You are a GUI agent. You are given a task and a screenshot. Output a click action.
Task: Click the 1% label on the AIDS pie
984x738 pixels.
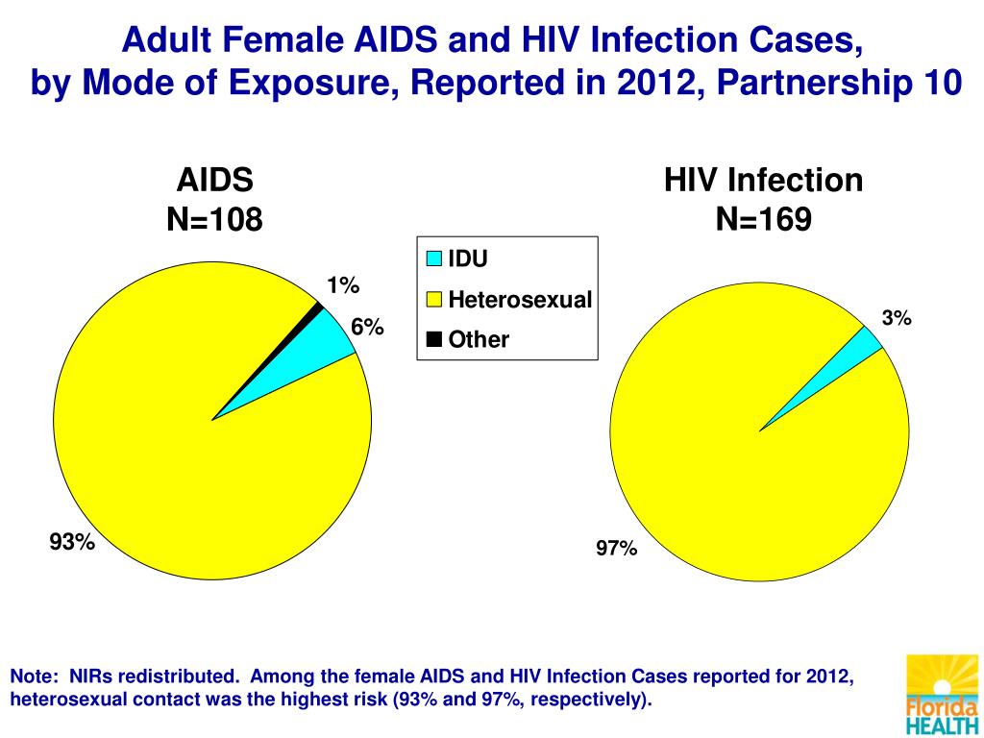coord(342,285)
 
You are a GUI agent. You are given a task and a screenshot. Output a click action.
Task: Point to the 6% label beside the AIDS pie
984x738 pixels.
coord(367,328)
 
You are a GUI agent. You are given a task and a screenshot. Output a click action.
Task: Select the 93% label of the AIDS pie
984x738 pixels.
coord(73,543)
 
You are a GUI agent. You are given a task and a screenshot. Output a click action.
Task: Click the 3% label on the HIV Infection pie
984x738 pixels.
coord(897,318)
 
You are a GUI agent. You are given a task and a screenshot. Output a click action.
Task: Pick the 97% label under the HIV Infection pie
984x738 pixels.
coord(617,549)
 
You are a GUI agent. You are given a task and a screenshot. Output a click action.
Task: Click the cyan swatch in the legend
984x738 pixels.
coord(433,258)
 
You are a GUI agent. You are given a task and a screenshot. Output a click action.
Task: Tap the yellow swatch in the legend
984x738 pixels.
coord(433,300)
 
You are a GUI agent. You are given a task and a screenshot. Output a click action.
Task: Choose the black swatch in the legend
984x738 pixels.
coord(433,339)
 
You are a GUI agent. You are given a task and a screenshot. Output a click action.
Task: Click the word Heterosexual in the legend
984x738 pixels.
coord(521,299)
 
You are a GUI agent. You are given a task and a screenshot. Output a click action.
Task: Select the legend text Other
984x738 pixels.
coord(479,339)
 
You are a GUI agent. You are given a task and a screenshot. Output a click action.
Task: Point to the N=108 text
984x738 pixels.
coord(214,220)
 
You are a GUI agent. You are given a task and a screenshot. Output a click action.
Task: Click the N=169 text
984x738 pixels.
coord(764,220)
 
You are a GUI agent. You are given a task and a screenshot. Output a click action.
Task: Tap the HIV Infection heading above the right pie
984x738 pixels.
coord(764,181)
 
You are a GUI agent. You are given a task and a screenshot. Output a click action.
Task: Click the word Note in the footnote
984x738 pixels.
coord(35,676)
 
